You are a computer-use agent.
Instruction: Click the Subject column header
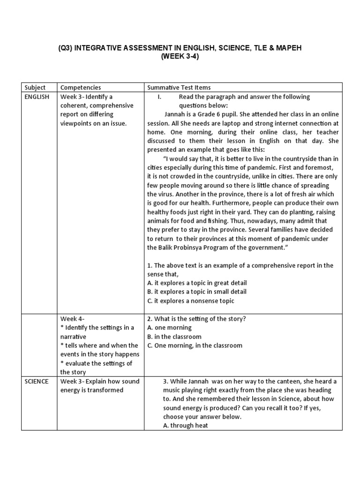coord(36,87)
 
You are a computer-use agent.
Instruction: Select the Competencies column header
coord(81,87)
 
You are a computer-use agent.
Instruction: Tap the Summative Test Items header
coord(179,87)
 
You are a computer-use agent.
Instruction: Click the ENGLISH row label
coord(37,97)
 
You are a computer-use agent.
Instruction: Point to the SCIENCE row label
coord(37,381)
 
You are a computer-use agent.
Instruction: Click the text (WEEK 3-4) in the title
coord(180,57)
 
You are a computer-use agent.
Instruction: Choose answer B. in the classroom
coord(174,337)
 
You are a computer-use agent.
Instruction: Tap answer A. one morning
coord(170,328)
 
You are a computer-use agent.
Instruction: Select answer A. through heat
coord(186,425)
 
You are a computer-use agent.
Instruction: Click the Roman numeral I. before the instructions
coord(159,97)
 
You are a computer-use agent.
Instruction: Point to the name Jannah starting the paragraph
coord(175,114)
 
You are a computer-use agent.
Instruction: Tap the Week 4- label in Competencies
coord(72,319)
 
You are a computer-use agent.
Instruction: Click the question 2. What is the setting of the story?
coord(197,319)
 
